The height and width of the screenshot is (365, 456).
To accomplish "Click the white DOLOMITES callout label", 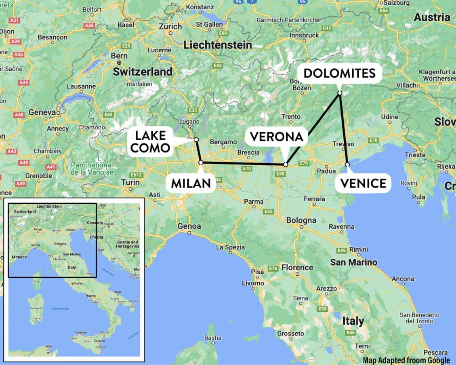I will point(339,73).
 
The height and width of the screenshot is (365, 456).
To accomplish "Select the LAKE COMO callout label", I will point(150,141).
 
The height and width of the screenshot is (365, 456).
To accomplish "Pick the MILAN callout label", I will point(191,183).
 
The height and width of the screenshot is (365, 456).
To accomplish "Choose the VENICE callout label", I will point(363,183).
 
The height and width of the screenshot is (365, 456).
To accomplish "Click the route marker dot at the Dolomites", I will point(340,93).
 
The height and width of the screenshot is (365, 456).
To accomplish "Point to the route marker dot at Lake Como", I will point(196,139).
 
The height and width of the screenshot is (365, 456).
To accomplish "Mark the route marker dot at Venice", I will point(347,165).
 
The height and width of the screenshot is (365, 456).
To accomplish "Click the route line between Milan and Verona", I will point(242,163).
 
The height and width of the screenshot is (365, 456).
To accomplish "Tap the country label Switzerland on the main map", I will point(142,72).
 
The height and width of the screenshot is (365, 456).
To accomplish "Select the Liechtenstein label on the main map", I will point(218,45).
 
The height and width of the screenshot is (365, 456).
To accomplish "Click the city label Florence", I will point(297,268).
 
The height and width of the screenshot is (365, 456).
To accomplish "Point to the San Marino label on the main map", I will point(353,262).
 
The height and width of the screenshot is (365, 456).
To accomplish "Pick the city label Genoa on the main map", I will point(189,226).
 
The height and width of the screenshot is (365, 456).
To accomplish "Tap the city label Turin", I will point(130,182).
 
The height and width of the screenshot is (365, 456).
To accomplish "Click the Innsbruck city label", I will point(304,35).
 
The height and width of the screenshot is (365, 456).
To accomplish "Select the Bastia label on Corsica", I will point(213,338).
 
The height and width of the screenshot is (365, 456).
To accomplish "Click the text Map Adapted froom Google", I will point(406,360).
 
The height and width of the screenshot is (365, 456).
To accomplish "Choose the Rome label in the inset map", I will point(78,283).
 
